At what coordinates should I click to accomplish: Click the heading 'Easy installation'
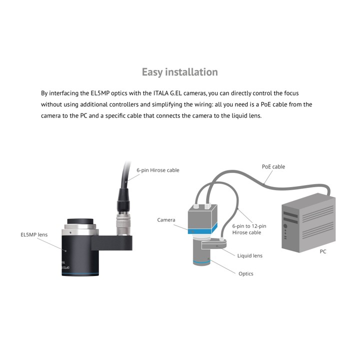[180, 72]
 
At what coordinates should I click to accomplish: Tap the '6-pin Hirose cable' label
[158, 170]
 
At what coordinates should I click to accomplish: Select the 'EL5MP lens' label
[34, 234]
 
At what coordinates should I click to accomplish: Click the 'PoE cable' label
[273, 166]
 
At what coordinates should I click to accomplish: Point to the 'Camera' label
[166, 220]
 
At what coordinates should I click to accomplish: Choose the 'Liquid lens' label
[250, 256]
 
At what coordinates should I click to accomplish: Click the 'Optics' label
[246, 273]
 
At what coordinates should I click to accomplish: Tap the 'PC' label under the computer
[323, 251]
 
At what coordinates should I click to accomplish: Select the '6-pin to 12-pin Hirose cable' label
[249, 229]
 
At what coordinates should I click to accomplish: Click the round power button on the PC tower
[285, 226]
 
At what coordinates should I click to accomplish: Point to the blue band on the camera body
[202, 230]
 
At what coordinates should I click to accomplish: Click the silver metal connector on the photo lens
[123, 223]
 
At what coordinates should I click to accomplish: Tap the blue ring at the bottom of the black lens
[80, 274]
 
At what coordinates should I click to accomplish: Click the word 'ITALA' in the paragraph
[160, 93]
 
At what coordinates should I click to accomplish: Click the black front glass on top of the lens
[80, 221]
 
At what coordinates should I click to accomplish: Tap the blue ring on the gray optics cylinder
[201, 262]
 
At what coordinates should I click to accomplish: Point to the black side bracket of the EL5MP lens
[112, 243]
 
